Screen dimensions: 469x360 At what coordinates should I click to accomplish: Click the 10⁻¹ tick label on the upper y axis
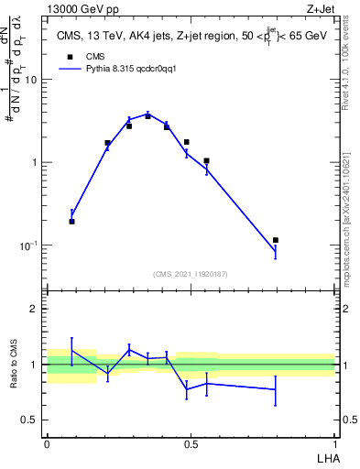click(x=27, y=245)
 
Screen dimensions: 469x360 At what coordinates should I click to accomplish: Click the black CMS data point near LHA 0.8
click(x=276, y=240)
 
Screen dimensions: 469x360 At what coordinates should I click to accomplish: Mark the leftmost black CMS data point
click(x=72, y=222)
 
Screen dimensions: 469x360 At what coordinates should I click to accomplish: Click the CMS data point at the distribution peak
click(x=147, y=116)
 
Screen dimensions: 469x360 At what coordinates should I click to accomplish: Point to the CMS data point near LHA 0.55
click(x=207, y=161)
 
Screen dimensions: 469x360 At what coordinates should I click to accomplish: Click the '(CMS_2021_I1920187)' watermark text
click(x=190, y=273)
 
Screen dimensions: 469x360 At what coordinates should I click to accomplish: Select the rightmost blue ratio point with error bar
click(x=276, y=389)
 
